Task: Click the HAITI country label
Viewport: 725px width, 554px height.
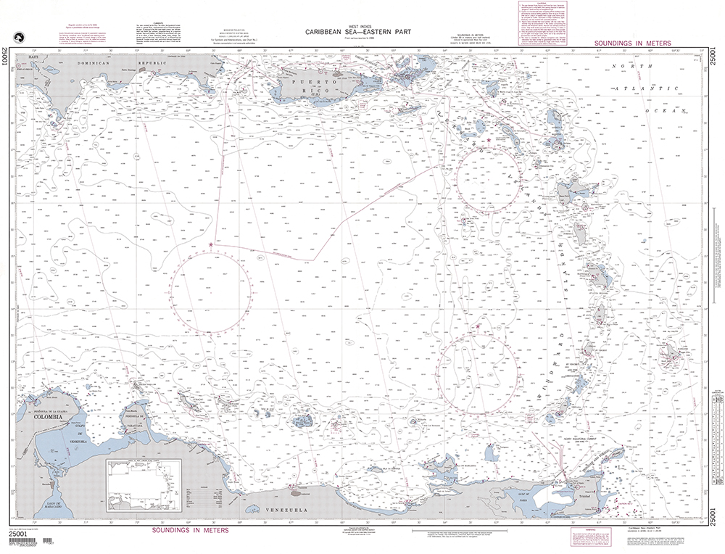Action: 32,56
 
